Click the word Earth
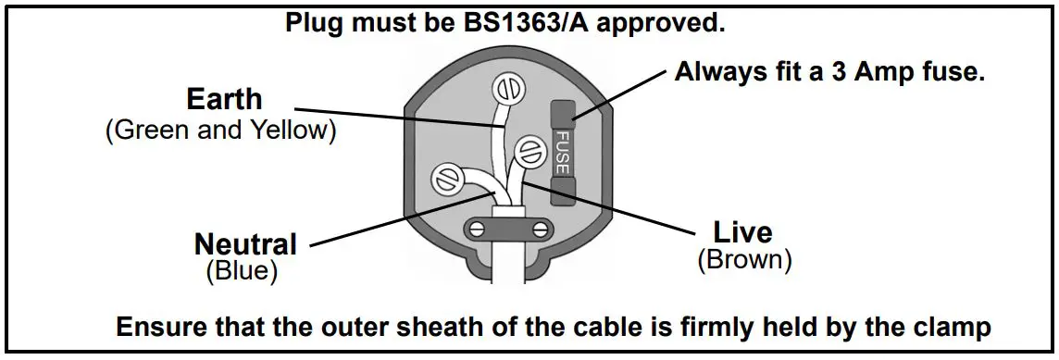(224, 99)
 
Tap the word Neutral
(245, 244)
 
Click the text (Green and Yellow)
(221, 130)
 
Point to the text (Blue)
(241, 270)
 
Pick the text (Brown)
(744, 259)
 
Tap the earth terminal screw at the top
(506, 90)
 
